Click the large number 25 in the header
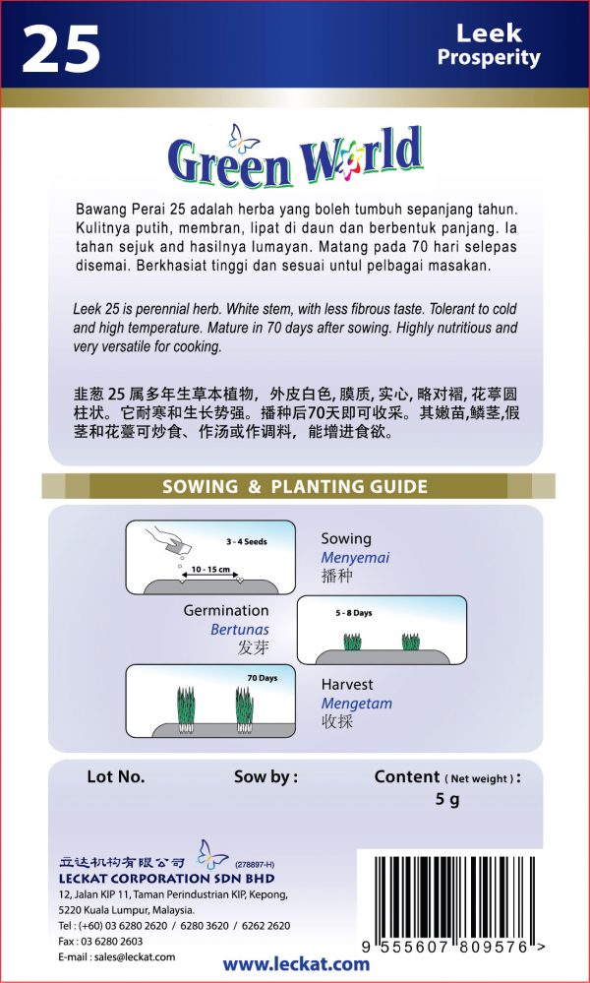[x=61, y=48]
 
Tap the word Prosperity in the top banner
[x=489, y=57]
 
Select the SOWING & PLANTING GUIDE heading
[x=295, y=486]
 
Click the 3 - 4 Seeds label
[x=246, y=542]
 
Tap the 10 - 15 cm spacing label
[x=210, y=570]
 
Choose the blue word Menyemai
[x=351, y=558]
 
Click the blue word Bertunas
[x=239, y=629]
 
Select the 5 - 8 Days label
[x=353, y=613]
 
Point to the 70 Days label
[x=263, y=679]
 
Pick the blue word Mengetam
[x=356, y=704]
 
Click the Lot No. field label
[x=116, y=776]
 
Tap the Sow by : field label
[x=265, y=776]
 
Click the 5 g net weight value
[x=447, y=800]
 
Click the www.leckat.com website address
[x=296, y=963]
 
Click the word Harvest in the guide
[x=347, y=684]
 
